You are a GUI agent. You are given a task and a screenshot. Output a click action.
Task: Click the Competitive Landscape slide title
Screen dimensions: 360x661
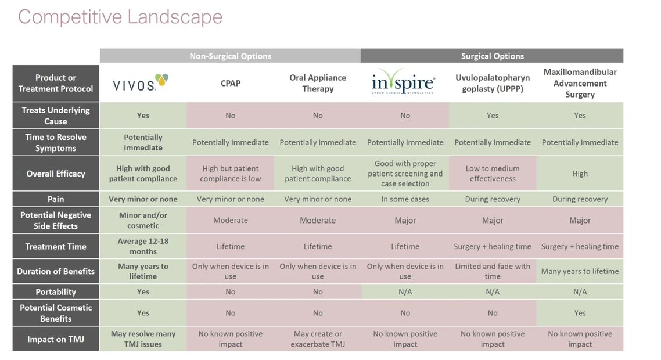[120, 16]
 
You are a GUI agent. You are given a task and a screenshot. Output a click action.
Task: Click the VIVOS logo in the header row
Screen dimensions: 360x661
[141, 83]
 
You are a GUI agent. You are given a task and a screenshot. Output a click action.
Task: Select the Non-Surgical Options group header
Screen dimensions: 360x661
[230, 56]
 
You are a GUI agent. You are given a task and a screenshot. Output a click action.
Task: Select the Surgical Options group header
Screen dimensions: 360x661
[492, 56]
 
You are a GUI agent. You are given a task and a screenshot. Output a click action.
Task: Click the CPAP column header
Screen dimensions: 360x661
[230, 83]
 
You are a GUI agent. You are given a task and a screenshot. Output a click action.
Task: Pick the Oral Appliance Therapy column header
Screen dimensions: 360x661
[318, 83]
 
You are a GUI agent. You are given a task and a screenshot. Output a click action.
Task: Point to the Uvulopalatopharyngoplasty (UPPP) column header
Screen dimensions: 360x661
[492, 83]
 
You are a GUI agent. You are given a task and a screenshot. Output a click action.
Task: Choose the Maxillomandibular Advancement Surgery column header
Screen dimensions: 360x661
[580, 83]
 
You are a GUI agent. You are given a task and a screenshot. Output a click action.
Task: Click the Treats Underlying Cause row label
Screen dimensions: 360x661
[56, 116]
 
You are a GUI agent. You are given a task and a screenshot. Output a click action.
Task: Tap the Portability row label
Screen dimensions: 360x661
[56, 291]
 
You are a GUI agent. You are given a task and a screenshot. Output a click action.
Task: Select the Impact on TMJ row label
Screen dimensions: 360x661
[56, 339]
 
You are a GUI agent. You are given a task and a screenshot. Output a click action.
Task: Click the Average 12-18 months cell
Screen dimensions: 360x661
[143, 246]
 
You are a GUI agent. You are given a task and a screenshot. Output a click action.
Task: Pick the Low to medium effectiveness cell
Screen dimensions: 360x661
[492, 174]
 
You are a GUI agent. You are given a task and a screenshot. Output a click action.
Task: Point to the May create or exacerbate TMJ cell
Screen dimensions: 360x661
[318, 339]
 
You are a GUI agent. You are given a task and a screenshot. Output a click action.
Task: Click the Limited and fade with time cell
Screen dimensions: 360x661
[492, 271]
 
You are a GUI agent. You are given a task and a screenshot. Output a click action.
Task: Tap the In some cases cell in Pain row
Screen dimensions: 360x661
[405, 199]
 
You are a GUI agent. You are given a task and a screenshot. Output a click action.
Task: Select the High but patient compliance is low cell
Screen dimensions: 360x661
[230, 174]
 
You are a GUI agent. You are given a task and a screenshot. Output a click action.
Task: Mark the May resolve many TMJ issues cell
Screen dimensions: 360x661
[143, 339]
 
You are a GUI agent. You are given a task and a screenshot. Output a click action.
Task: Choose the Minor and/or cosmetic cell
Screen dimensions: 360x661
[143, 221]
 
